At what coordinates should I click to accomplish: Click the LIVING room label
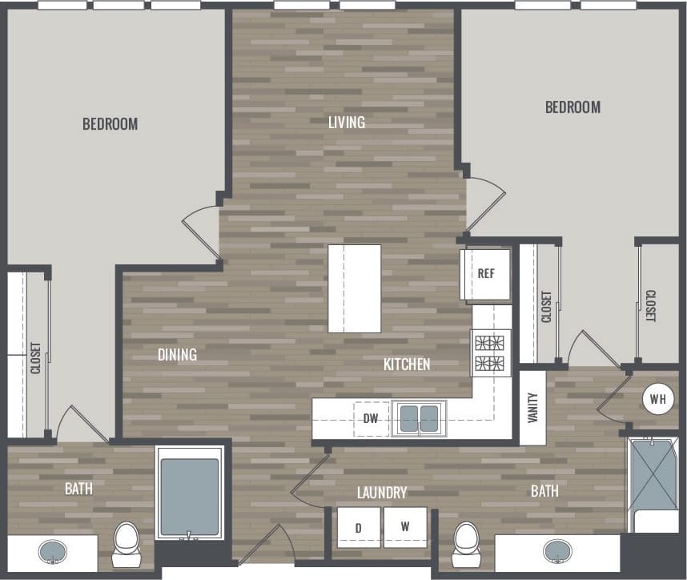click(346, 123)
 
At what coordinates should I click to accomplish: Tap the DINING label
click(177, 354)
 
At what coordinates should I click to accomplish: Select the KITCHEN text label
click(407, 364)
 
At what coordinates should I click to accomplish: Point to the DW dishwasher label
click(371, 418)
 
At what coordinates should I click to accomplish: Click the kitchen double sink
click(420, 418)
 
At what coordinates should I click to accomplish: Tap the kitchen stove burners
click(491, 353)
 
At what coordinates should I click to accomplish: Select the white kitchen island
click(355, 288)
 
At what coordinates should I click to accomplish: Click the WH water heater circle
click(657, 399)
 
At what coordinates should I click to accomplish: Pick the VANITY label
click(532, 407)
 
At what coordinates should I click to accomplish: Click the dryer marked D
click(360, 527)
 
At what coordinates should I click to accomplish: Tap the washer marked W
click(405, 527)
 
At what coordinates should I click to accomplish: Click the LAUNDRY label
click(382, 493)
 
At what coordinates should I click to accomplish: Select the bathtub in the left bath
click(190, 496)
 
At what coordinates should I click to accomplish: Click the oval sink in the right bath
click(558, 551)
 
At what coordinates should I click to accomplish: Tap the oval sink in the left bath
click(53, 551)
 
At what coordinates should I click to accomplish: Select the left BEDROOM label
click(110, 124)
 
